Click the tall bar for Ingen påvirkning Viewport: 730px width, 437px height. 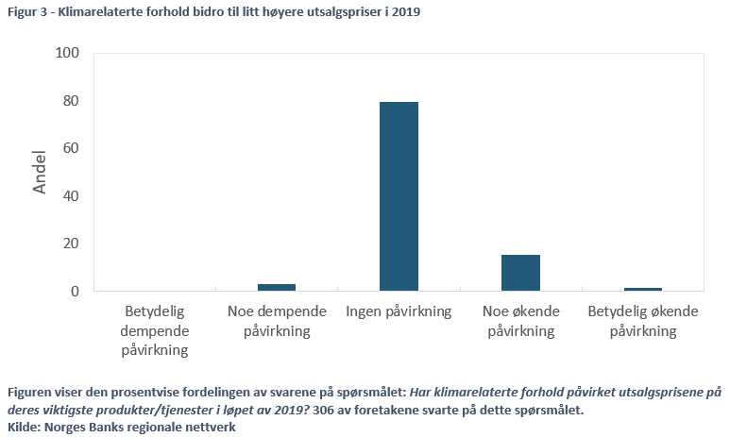399,195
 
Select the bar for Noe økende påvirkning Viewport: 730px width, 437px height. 520,273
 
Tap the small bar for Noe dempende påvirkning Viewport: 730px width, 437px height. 277,287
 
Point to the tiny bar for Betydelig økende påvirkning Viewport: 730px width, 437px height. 642,289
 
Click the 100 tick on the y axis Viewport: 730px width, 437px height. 67,54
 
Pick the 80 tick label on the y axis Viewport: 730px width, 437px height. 71,101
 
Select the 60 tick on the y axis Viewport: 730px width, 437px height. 71,148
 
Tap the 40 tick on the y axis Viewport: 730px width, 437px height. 71,196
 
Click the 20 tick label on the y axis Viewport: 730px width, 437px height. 71,244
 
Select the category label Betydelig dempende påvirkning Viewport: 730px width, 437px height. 155,330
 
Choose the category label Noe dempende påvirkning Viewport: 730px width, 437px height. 277,321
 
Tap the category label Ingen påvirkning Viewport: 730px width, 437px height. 399,311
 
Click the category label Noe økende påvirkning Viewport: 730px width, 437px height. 520,321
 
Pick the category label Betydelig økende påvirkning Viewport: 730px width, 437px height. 642,321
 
